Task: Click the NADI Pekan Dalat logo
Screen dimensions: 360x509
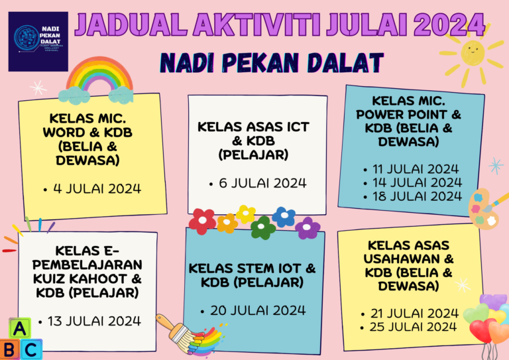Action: [38, 41]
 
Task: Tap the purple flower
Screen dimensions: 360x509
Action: [308, 228]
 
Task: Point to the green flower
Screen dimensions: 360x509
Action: [263, 228]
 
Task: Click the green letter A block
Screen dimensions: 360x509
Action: [20, 328]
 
